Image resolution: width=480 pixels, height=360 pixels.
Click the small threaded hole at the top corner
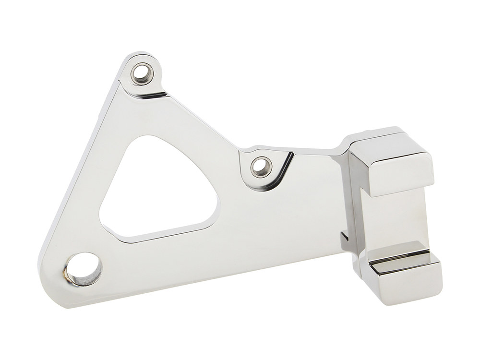point(143,73)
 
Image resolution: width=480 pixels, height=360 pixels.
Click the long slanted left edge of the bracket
point(79,168)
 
